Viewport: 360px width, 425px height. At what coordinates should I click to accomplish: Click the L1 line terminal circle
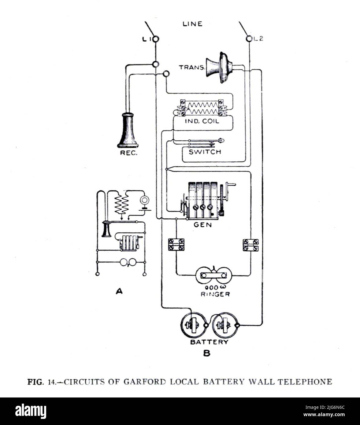click(x=155, y=39)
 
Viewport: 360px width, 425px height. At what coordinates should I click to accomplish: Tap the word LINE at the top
click(x=192, y=24)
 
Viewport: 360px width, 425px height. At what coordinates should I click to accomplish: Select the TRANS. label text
click(x=192, y=67)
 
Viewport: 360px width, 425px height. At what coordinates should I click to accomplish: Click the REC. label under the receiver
click(x=128, y=153)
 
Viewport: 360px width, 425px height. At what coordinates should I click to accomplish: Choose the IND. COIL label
click(x=202, y=121)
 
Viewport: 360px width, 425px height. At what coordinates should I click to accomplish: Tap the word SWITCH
click(x=204, y=152)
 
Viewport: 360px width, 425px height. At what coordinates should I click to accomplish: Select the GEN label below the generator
click(x=202, y=225)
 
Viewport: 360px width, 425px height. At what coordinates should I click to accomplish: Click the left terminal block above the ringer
click(x=176, y=245)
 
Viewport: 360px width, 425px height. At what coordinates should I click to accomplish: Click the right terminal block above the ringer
click(x=251, y=245)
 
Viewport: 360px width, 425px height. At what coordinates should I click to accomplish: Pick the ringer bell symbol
click(x=214, y=275)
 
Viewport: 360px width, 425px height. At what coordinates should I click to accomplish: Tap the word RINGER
click(x=215, y=294)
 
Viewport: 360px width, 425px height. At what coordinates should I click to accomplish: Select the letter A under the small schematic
click(x=119, y=291)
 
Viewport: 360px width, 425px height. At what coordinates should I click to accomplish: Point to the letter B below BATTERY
click(x=207, y=353)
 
